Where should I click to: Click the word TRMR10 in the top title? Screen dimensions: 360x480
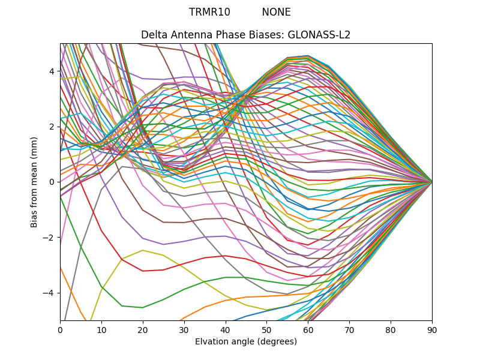[209, 12]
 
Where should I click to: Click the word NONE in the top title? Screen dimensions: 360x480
[276, 12]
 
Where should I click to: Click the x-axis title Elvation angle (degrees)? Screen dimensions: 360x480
[246, 341]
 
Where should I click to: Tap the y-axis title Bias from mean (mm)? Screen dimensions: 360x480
[34, 181]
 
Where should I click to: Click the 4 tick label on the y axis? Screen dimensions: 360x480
[52, 71]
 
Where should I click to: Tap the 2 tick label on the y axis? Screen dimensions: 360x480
[52, 127]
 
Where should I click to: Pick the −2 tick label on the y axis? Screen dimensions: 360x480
[49, 237]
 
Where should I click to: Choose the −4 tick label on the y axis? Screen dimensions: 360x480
[49, 293]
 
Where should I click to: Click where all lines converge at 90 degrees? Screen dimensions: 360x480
[431, 181]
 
